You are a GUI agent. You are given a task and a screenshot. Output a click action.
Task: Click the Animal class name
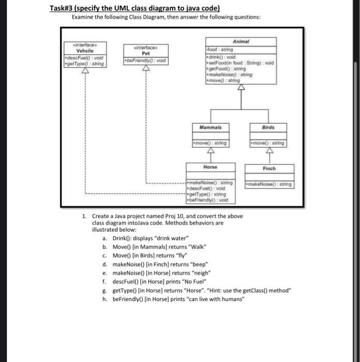click(x=241, y=41)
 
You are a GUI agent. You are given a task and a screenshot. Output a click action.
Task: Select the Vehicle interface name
click(x=84, y=51)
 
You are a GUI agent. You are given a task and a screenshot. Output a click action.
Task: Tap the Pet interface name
click(x=146, y=53)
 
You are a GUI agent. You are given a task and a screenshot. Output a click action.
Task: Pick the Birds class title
click(x=268, y=127)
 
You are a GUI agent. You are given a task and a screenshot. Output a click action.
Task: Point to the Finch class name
click(x=269, y=168)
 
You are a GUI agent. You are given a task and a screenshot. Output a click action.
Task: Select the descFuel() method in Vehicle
click(x=82, y=57)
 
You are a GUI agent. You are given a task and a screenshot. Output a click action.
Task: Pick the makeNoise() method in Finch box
click(x=269, y=184)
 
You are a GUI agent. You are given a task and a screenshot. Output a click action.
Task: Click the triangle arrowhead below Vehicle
click(x=85, y=71)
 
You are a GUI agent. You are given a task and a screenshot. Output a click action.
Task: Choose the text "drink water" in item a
click(x=166, y=238)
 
